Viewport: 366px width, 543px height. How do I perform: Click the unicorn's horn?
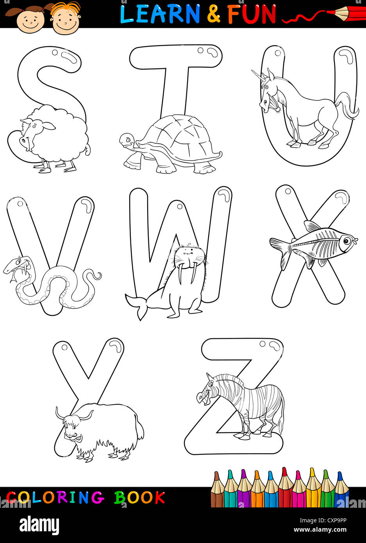257,75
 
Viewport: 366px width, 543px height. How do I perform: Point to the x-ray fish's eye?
346,241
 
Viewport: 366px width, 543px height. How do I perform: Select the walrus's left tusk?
180,274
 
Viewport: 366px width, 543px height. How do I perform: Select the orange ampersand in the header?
214,14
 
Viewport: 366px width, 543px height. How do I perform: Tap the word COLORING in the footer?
55,498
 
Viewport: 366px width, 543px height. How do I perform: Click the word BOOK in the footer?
139,498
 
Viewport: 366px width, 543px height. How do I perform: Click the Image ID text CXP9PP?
337,520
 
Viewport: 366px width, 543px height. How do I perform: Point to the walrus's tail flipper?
136,305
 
